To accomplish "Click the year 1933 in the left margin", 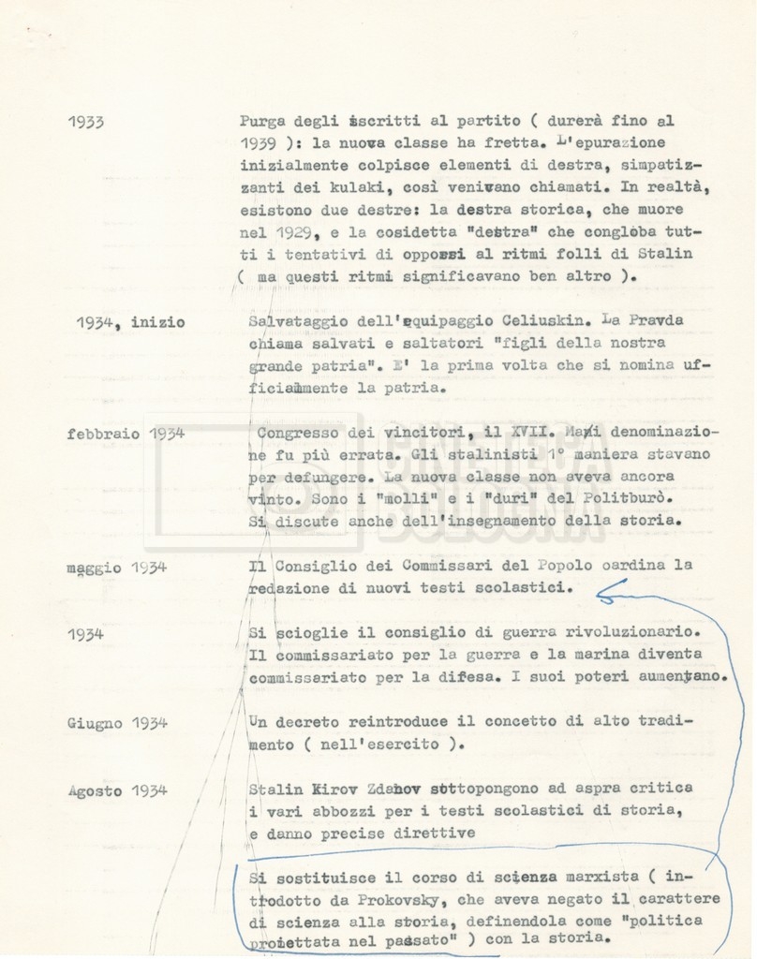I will pyautogui.click(x=85, y=123).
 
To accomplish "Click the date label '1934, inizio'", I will pyautogui.click(x=130, y=322).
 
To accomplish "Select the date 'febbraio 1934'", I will pyautogui.click(x=125, y=433).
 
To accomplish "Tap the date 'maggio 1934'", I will pyautogui.click(x=116, y=567).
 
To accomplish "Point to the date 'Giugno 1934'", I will pyautogui.click(x=117, y=723).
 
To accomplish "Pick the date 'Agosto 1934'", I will pyautogui.click(x=117, y=790).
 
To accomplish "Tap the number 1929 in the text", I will pyautogui.click(x=299, y=231).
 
